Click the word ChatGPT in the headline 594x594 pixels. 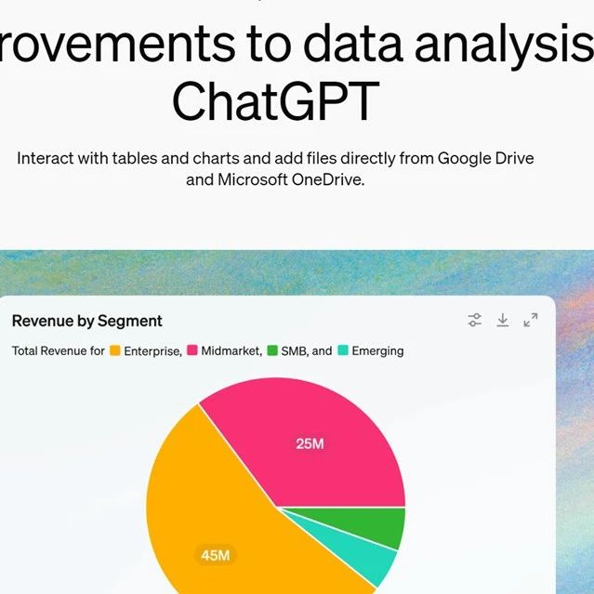point(276,101)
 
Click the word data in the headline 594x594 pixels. point(352,43)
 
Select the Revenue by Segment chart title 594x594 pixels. point(87,321)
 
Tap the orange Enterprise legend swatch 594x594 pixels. point(114,350)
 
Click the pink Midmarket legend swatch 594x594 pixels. point(192,350)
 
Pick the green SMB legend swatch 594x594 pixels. point(272,350)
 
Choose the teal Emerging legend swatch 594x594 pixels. point(343,350)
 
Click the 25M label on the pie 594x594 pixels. point(310,443)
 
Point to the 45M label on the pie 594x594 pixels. point(216,555)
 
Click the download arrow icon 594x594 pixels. point(502,320)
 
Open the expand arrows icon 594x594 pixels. point(531,320)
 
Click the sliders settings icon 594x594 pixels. point(474,320)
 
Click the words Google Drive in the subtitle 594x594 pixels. point(485,158)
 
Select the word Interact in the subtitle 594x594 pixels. point(45,158)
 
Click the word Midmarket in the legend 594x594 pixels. point(231,350)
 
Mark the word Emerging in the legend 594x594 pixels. point(377,351)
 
